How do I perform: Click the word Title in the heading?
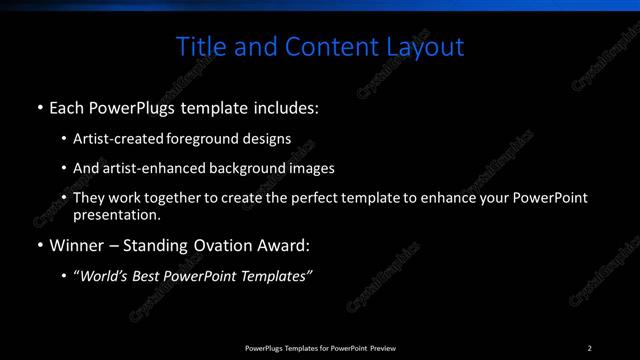[x=200, y=47]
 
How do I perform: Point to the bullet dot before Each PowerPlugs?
[x=38, y=106]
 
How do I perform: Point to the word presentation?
[x=115, y=214]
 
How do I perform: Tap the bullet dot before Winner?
[x=38, y=244]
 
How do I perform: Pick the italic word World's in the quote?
[x=105, y=276]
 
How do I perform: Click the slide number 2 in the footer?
[x=590, y=348]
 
